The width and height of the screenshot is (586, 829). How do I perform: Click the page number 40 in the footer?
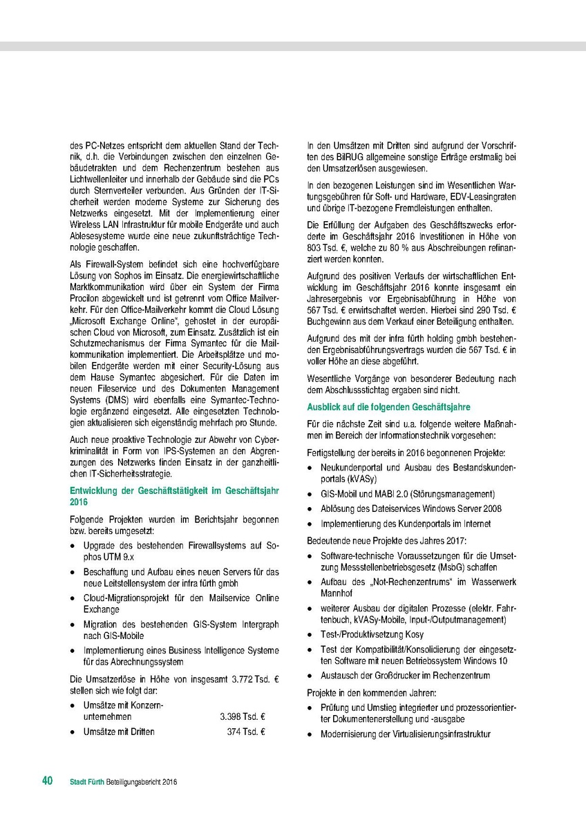click(x=47, y=781)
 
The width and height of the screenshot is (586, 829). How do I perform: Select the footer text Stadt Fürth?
click(x=88, y=782)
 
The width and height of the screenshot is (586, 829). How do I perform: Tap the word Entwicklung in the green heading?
click(x=95, y=490)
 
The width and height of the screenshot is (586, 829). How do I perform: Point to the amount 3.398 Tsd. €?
click(x=243, y=718)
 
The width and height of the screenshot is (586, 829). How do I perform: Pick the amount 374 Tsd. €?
click(x=247, y=732)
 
